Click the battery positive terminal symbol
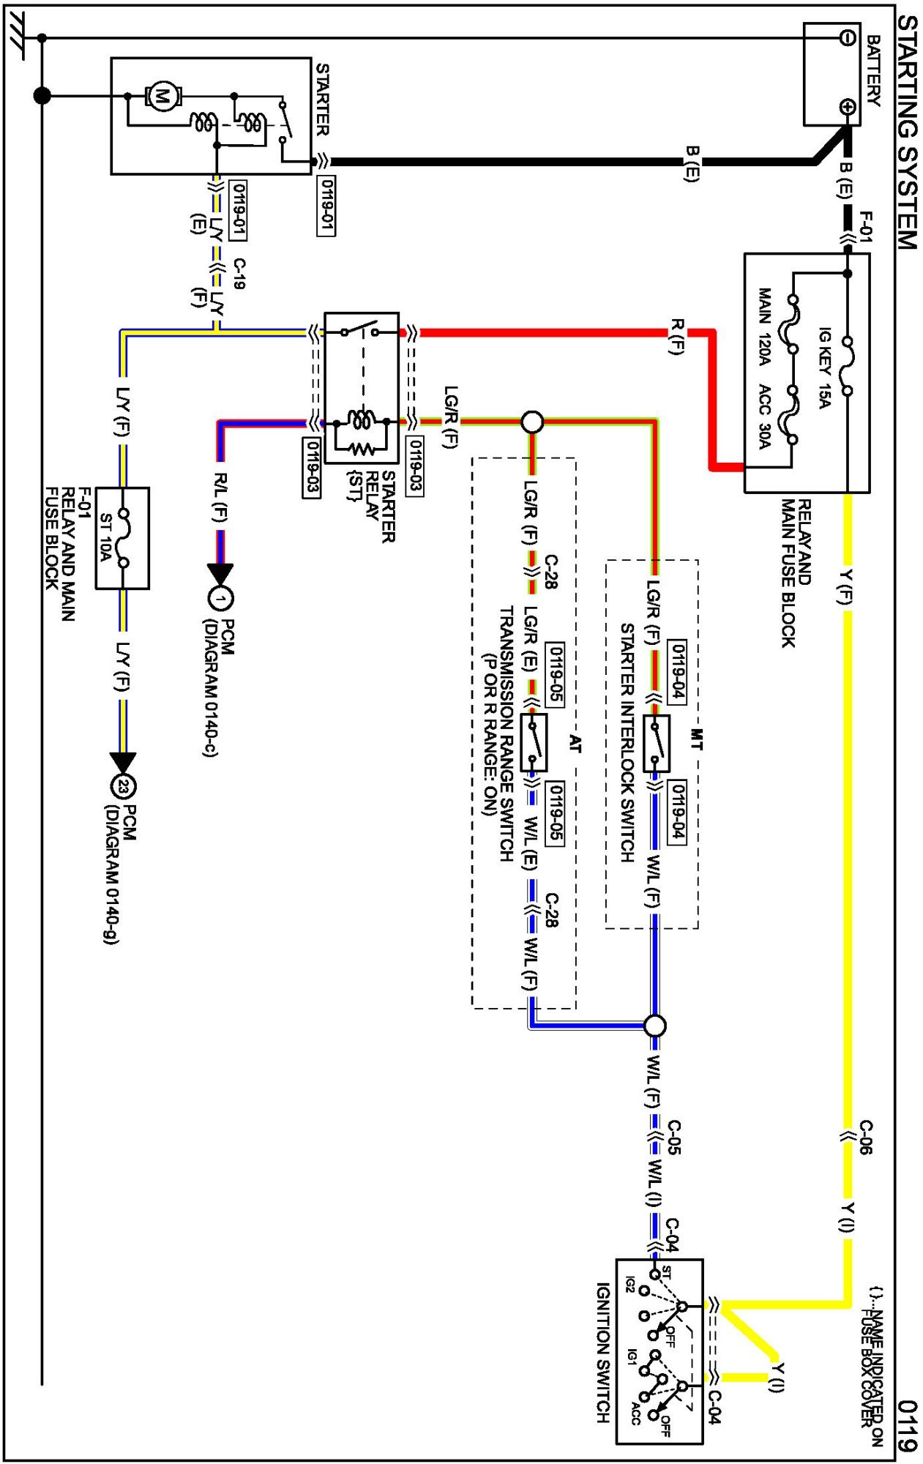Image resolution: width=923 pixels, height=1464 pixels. pos(847,107)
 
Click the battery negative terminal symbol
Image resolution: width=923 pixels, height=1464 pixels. pos(847,38)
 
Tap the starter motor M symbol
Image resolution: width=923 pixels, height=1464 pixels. pos(162,96)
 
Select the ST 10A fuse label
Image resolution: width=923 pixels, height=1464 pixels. pos(105,538)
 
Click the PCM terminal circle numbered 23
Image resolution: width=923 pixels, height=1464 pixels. pos(123,787)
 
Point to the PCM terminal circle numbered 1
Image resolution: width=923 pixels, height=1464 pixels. pos(220,599)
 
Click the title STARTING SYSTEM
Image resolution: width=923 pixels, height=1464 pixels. pos(907,132)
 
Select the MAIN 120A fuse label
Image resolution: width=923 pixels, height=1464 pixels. pos(765,326)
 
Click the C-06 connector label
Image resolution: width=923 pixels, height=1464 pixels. pos(866,1137)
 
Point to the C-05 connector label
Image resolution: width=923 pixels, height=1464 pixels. pos(674,1137)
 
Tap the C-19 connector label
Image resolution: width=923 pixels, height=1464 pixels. pos(239,274)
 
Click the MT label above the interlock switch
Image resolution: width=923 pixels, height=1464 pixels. pos(696,739)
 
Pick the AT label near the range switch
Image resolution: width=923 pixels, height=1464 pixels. pos(575,744)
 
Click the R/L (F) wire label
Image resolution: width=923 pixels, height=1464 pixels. pos(220,498)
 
